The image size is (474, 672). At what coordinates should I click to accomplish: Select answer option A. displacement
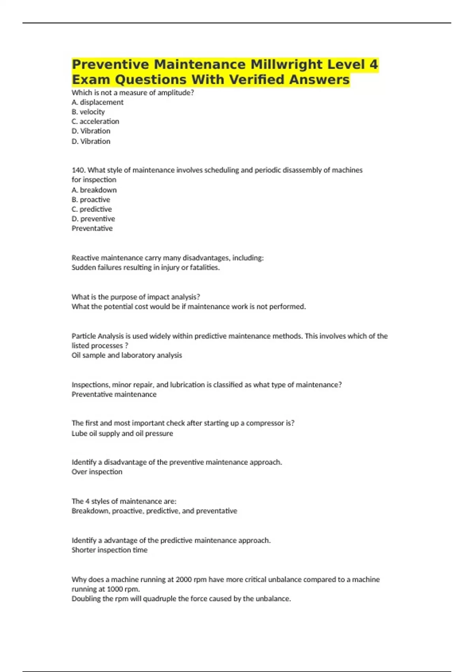pyautogui.click(x=98, y=102)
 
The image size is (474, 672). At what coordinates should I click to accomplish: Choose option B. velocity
pyautogui.click(x=88, y=112)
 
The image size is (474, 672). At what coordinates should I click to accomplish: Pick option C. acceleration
pyautogui.click(x=95, y=121)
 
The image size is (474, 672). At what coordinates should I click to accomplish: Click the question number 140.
pyautogui.click(x=79, y=170)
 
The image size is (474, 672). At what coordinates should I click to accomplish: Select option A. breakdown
pyautogui.click(x=94, y=190)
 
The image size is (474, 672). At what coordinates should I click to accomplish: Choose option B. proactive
pyautogui.click(x=91, y=200)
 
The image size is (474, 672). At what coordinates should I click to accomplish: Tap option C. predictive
pyautogui.click(x=92, y=209)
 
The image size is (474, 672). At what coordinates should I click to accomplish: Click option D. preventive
pyautogui.click(x=93, y=219)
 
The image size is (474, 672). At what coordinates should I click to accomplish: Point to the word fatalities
pyautogui.click(x=204, y=268)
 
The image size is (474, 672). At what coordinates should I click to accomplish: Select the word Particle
pyautogui.click(x=84, y=336)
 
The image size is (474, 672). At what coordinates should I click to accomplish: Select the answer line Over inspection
pyautogui.click(x=97, y=472)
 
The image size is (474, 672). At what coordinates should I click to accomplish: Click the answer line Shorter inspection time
pyautogui.click(x=109, y=550)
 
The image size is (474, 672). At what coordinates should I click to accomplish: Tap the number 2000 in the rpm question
pyautogui.click(x=184, y=580)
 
